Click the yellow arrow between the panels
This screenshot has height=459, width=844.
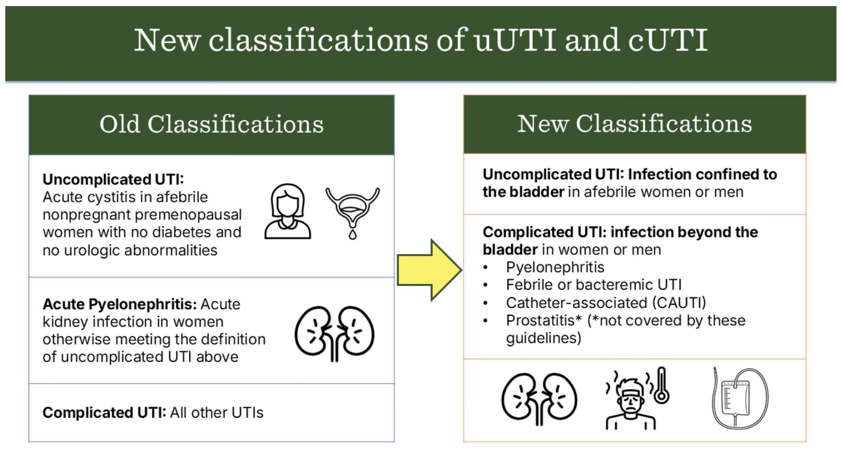click(x=429, y=270)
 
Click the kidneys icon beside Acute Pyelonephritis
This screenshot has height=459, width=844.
click(x=334, y=333)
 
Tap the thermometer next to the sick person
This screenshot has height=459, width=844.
click(x=661, y=386)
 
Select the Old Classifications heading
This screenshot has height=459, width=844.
click(x=211, y=124)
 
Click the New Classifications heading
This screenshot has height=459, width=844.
click(x=634, y=124)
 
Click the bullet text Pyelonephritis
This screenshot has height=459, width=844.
click(x=555, y=267)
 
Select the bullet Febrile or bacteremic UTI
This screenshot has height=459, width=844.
click(x=593, y=285)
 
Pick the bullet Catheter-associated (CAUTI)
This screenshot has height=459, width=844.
click(x=606, y=303)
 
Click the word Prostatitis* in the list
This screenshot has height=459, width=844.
click(x=544, y=321)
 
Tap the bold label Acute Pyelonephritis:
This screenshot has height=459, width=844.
click(x=120, y=304)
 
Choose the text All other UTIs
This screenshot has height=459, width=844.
click(x=217, y=412)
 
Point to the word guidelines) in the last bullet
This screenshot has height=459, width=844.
click(x=544, y=338)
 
